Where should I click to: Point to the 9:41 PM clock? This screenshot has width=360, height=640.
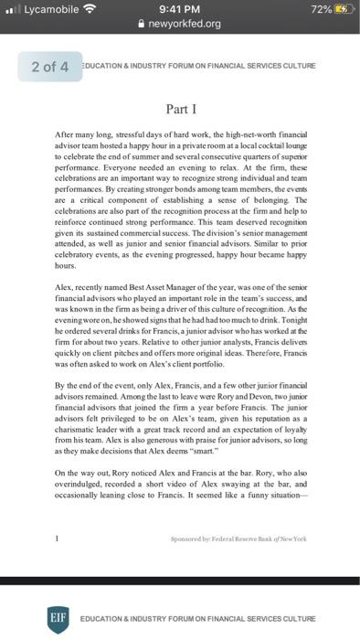pyautogui.click(x=180, y=9)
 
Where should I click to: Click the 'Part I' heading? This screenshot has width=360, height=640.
pyautogui.click(x=180, y=110)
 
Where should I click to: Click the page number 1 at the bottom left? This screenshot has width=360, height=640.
pyautogui.click(x=58, y=539)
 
